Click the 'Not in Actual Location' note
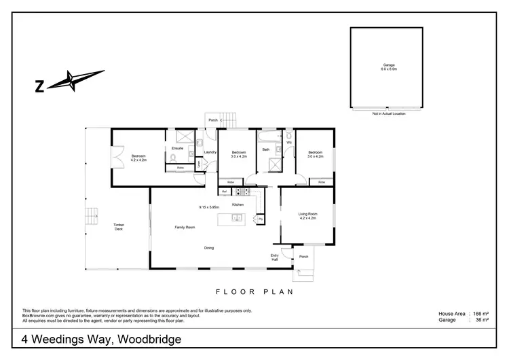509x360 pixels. [388, 113]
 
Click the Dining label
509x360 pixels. [209, 248]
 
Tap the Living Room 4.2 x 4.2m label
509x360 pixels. [307, 216]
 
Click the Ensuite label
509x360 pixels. [178, 147]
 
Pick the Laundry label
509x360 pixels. [210, 152]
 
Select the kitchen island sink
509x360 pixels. [235, 218]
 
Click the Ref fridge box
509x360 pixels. [224, 192]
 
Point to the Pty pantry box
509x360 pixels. [259, 219]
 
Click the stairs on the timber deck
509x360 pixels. [92, 217]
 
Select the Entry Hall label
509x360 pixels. [275, 257]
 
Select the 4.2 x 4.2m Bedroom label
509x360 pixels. [138, 158]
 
